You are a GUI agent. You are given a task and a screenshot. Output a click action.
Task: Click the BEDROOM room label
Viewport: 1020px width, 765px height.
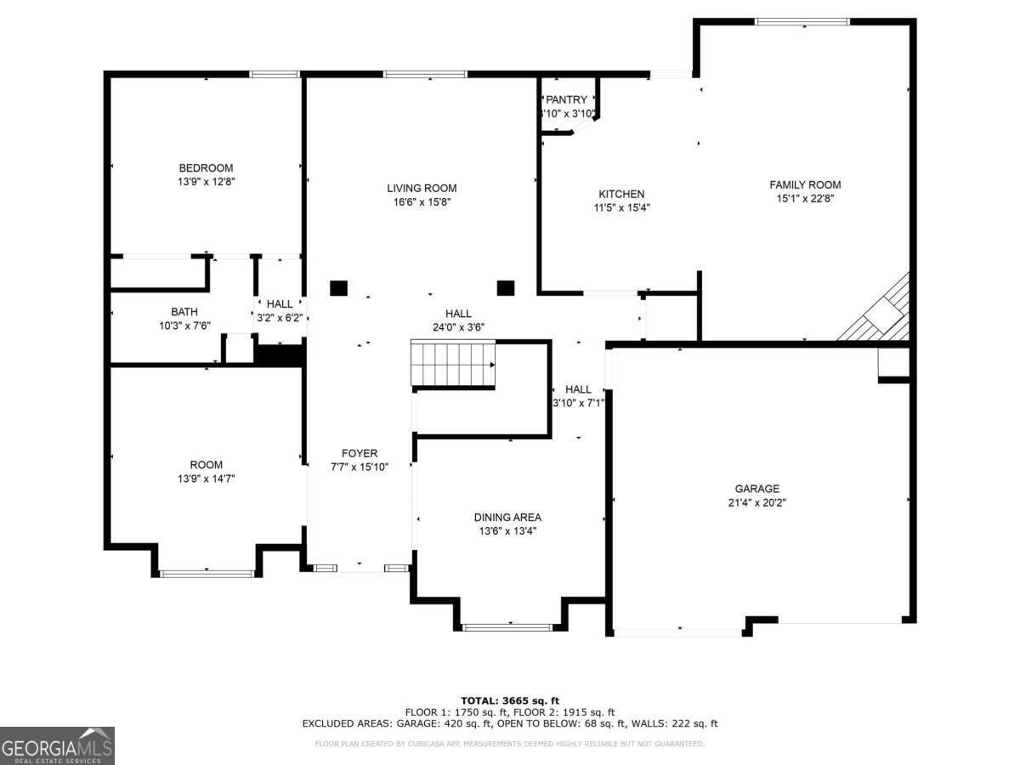click(x=206, y=168)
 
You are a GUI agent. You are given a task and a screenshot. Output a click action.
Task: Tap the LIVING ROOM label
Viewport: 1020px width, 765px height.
click(x=422, y=189)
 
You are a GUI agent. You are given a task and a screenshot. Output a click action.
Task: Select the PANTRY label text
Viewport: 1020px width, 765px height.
click(x=566, y=99)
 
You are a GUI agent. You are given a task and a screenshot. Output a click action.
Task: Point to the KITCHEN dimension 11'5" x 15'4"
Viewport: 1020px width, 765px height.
click(x=621, y=207)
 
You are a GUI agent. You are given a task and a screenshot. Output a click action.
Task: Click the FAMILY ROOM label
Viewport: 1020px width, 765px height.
click(x=804, y=184)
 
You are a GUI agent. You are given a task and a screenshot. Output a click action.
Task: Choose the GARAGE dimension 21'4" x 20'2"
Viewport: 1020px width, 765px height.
click(x=756, y=502)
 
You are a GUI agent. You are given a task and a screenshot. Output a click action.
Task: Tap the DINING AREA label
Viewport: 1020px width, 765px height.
click(x=507, y=517)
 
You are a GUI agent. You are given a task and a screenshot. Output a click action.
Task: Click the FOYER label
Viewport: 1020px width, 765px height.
click(x=360, y=453)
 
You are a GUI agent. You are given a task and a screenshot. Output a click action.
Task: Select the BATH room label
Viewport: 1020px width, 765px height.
click(x=184, y=312)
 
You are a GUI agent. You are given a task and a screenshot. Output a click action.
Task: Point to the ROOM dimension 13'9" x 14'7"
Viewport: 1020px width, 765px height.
click(x=206, y=479)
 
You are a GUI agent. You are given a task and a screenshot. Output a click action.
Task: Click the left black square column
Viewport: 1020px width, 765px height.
click(x=339, y=287)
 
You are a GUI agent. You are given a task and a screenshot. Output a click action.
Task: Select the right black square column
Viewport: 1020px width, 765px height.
click(x=506, y=287)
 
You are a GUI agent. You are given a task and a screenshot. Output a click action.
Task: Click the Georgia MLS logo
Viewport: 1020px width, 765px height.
click(x=57, y=745)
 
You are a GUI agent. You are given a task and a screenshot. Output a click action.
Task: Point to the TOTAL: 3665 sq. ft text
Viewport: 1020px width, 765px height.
click(x=510, y=700)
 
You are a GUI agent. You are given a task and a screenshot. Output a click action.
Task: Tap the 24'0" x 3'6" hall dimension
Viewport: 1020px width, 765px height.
click(x=458, y=326)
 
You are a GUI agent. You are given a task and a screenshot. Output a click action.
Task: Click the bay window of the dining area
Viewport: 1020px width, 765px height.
click(x=507, y=627)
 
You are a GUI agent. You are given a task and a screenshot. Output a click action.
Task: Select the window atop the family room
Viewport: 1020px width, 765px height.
click(x=802, y=21)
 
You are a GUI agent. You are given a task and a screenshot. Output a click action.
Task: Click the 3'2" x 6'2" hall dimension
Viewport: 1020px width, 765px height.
click(x=280, y=317)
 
